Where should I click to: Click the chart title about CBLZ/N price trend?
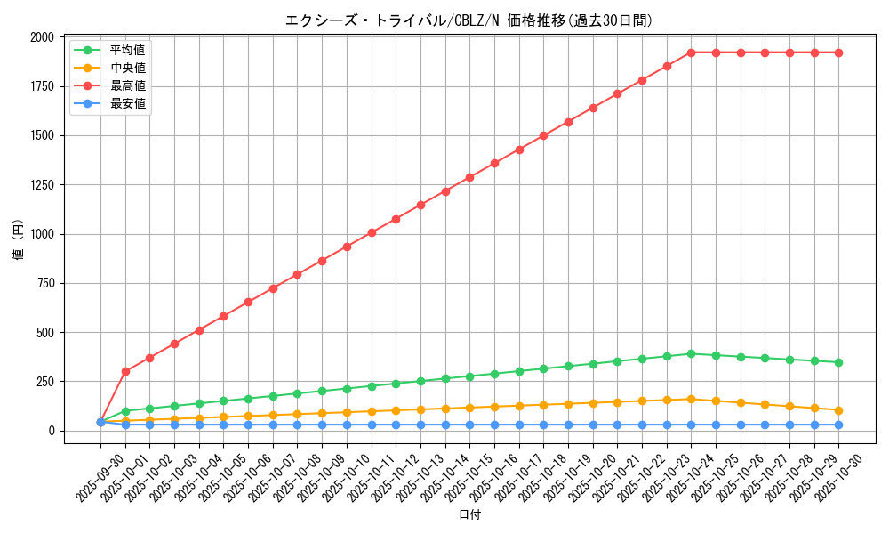[x=469, y=20]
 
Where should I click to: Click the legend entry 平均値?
[x=127, y=50]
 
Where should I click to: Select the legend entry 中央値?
[x=127, y=68]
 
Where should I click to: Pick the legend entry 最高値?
[x=127, y=85]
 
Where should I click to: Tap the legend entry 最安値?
[x=127, y=103]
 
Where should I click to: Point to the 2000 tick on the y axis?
[x=42, y=37]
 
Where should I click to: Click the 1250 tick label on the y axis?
[x=42, y=185]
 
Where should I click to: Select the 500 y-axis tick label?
[x=45, y=333]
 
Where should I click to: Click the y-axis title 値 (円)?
[x=18, y=240]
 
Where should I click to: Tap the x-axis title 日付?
[x=469, y=515]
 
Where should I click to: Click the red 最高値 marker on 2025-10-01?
[x=125, y=371]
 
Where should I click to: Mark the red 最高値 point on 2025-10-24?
[x=691, y=53]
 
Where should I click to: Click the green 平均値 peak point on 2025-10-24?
[x=691, y=353]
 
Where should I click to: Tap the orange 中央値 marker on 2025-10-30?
[x=838, y=410]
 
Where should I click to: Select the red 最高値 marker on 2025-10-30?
[x=838, y=53]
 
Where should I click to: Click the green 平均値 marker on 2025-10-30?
[x=838, y=362]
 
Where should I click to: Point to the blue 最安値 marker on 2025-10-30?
[x=838, y=425]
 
